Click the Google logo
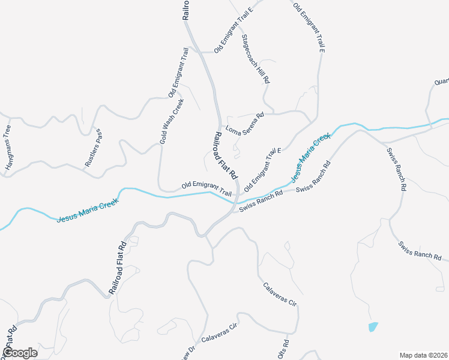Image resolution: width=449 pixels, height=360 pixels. pyautogui.click(x=19, y=352)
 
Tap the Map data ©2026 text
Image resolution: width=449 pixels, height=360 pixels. pyautogui.click(x=424, y=355)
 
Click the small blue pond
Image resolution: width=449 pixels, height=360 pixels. pyautogui.click(x=373, y=327)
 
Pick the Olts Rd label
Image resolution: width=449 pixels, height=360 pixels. pyautogui.click(x=284, y=350)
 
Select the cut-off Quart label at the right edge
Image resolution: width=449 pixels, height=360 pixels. pyautogui.click(x=441, y=81)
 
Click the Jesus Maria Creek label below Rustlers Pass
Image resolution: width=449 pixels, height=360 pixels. pyautogui.click(x=88, y=210)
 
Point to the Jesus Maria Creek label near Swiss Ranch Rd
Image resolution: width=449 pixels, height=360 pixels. pyautogui.click(x=310, y=158)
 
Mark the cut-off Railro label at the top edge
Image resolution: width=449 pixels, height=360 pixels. pyautogui.click(x=186, y=10)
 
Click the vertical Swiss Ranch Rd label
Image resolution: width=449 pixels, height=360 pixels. pyautogui.click(x=396, y=169)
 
